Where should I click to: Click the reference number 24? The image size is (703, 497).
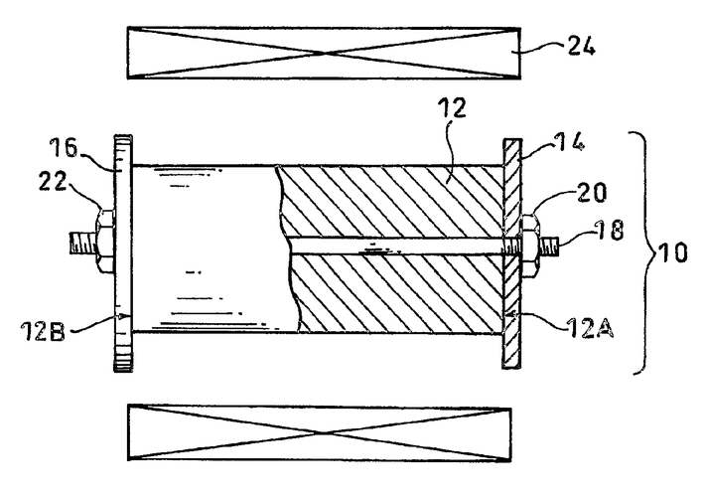coord(582,46)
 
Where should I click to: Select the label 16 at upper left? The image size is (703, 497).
coord(64,148)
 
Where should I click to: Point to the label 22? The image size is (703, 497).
coord(52,182)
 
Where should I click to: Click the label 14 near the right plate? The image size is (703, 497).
coord(569,142)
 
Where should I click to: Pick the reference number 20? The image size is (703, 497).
coord(592,192)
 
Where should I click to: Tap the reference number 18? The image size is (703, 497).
coord(609,230)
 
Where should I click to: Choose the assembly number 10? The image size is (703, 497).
coord(672,252)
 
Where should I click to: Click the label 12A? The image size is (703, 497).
coord(589,328)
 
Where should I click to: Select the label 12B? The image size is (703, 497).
coord(43,332)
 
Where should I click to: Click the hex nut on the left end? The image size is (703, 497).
coord(105,241)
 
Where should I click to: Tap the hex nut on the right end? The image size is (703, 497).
coord(530,245)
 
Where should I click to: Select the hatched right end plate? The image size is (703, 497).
coord(512,253)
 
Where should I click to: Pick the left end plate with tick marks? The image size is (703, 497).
coord(122,252)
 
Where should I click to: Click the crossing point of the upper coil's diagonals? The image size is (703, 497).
coord(324,53)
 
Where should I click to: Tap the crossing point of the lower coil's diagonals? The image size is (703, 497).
coord(319,432)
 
